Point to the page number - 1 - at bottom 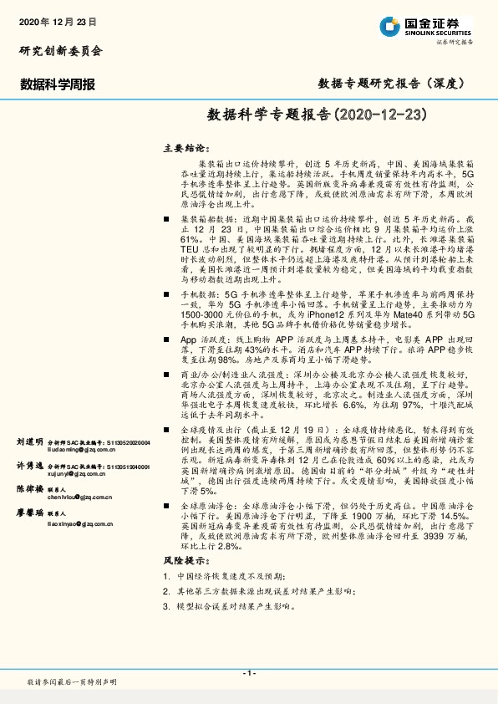point(248,673)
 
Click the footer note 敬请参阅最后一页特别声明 point(73,683)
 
